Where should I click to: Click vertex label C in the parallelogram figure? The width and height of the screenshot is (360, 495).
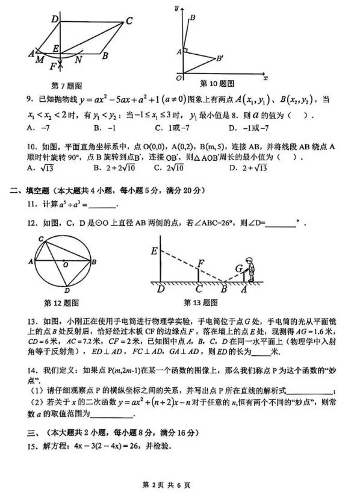click(128, 22)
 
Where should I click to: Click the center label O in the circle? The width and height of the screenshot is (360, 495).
click(64, 264)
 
